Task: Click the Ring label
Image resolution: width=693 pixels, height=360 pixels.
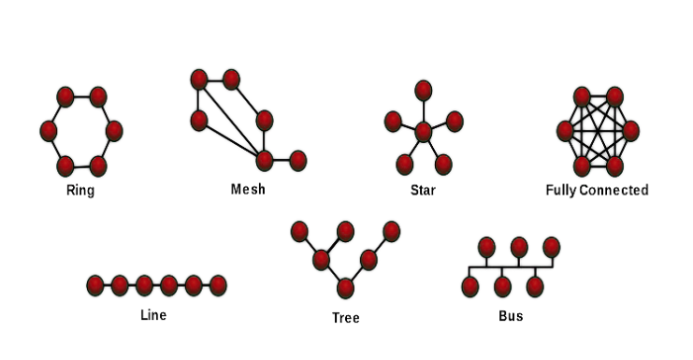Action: pos(80,191)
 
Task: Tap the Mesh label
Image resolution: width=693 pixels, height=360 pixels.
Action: pos(248,189)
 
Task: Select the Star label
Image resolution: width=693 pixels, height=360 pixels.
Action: pos(423,190)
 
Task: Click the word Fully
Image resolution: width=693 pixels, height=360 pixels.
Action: pos(561,191)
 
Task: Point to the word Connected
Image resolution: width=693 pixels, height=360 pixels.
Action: pos(614,190)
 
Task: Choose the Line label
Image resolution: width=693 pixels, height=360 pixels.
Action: pos(153,315)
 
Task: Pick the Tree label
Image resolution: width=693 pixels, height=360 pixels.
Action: pos(346,318)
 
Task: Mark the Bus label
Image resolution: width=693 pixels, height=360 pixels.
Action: pos(511,316)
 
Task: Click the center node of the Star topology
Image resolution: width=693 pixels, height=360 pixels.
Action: pos(424,132)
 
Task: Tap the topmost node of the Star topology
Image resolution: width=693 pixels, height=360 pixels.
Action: pos(424,91)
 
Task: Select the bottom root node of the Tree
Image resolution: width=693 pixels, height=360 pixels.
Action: pos(345,288)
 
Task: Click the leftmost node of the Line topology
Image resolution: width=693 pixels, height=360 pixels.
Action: pos(95,285)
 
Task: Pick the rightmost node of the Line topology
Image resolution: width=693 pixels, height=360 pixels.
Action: pos(218,285)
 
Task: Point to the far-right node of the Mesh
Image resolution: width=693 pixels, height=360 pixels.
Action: pos(298,160)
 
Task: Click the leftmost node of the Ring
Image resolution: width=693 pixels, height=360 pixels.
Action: pos(49,131)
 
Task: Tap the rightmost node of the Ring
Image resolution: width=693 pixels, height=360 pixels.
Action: pos(114,131)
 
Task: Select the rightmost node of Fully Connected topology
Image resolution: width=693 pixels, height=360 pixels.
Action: pos(630,131)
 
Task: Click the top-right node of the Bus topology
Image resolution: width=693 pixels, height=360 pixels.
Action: pos(552,248)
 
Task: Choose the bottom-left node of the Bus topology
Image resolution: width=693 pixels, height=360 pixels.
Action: pos(469,287)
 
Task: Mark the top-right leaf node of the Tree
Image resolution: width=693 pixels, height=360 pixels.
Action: pos(392,232)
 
